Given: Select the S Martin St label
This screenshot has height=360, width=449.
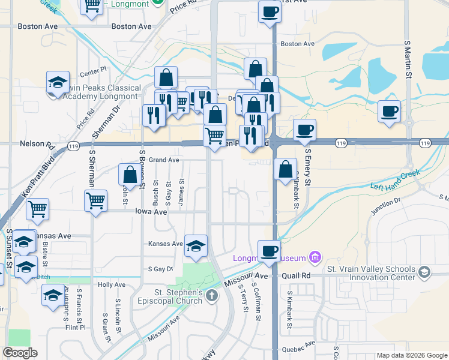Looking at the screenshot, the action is coord(407,61).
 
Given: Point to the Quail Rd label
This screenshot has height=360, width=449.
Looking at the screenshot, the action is coord(297,275).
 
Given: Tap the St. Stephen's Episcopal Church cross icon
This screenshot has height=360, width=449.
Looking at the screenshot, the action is coord(211,295).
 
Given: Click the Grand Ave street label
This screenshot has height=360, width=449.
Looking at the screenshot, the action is coord(164,160).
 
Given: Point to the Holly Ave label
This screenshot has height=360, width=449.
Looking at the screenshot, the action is coord(112,284).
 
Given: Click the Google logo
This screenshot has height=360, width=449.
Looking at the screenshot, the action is coord(20,353).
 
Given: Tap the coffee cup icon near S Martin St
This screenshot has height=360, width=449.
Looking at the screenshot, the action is coord(389,111).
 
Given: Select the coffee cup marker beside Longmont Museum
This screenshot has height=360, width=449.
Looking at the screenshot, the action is coord(269,250).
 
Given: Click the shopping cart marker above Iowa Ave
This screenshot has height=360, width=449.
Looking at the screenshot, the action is coord(96,201).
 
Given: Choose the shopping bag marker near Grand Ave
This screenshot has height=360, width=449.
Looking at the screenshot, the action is coord(130,175).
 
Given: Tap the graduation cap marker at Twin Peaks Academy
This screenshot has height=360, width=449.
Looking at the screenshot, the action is coord(58,82).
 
